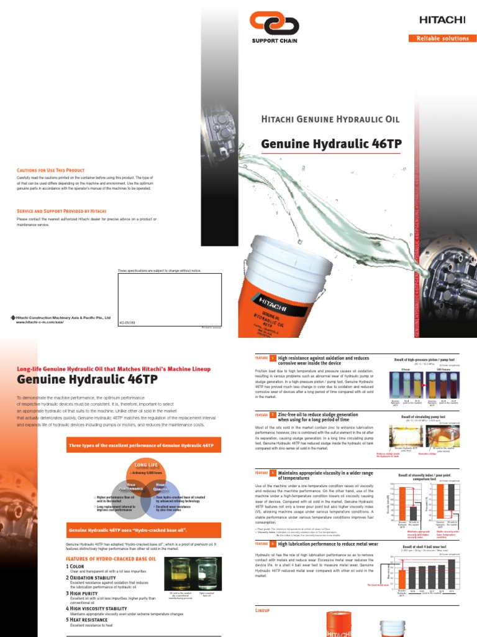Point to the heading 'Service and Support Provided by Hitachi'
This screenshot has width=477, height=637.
[x=61, y=212]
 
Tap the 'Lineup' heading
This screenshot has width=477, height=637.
[x=263, y=611]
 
